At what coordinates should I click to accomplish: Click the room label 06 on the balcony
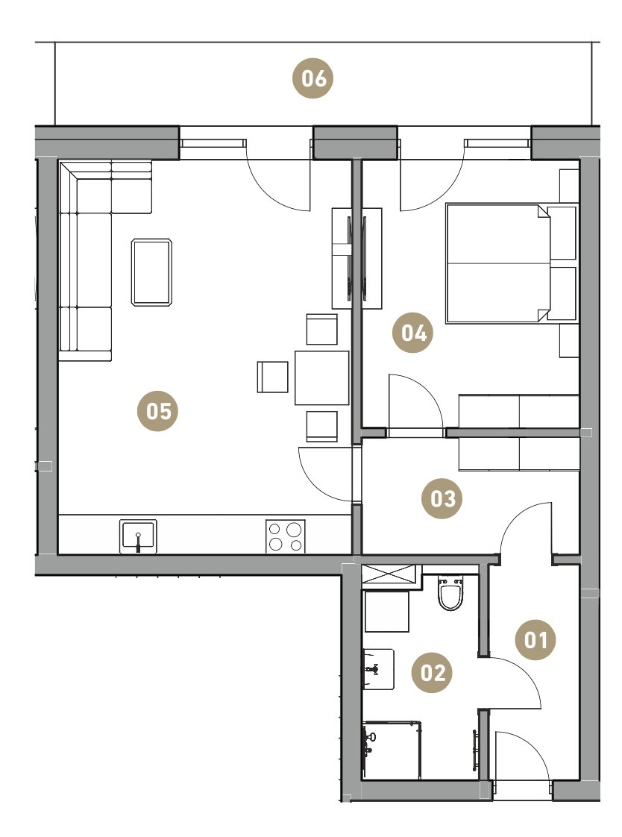pos(313,78)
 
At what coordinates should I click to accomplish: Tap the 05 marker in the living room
pos(158,411)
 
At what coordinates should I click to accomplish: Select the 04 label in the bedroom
pos(413,333)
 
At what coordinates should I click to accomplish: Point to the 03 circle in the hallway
pos(442,498)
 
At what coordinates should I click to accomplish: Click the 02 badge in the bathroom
pos(432,673)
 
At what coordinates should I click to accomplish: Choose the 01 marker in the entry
pos(535,639)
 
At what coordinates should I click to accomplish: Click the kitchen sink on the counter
pos(138,536)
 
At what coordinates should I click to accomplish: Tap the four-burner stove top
pos(286,536)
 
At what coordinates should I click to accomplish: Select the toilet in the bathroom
pos(450,592)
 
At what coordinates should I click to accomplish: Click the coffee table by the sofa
pos(151,272)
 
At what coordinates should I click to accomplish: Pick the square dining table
pos(321,377)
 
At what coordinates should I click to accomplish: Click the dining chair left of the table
pos(273,377)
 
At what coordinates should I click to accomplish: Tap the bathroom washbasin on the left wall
pos(378,669)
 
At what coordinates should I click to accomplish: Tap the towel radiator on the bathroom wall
pos(474,750)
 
